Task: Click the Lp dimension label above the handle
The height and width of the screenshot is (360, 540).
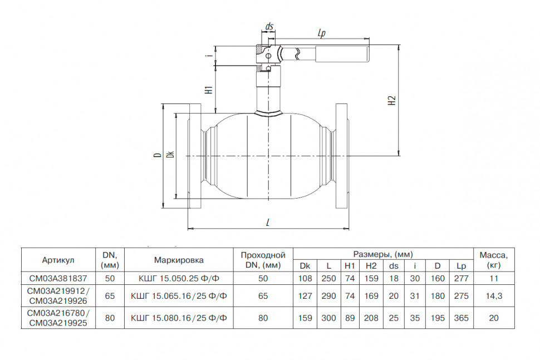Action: (x=322, y=33)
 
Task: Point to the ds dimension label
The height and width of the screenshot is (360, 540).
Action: (x=269, y=26)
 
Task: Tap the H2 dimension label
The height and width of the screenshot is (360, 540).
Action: (x=392, y=100)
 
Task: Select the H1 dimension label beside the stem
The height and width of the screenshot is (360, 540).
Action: (x=209, y=90)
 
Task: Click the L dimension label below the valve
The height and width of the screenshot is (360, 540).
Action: (x=268, y=223)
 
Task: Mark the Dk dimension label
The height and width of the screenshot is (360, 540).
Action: (x=170, y=155)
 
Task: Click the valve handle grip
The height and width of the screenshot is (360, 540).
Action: (x=342, y=55)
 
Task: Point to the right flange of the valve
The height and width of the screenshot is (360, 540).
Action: (x=341, y=156)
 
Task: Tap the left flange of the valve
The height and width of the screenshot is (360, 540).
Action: (x=195, y=156)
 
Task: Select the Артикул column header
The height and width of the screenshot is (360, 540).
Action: (x=58, y=260)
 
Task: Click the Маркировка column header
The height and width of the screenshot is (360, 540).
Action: (x=179, y=260)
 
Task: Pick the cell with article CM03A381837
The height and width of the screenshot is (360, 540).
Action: (x=58, y=278)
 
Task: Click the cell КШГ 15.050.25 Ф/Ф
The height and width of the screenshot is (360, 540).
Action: (x=179, y=278)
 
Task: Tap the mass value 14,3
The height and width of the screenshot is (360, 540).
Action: (x=494, y=296)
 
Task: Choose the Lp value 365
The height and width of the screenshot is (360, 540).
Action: (x=461, y=318)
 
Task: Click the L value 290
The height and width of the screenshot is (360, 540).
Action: (x=328, y=296)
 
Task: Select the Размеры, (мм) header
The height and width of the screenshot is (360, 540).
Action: (x=383, y=254)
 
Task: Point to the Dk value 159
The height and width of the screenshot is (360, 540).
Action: (x=305, y=318)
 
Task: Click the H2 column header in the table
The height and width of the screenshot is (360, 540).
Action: (x=371, y=266)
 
